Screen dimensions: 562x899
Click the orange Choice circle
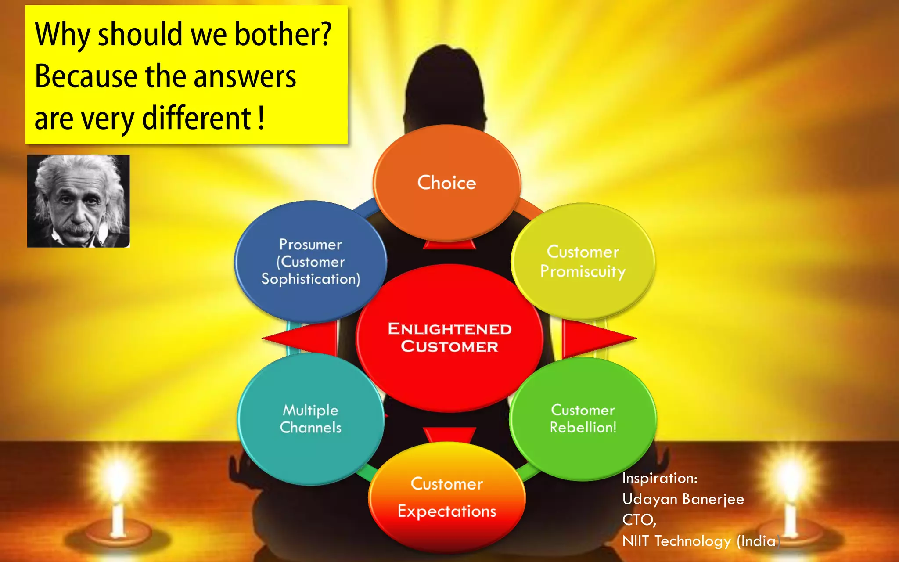(x=446, y=183)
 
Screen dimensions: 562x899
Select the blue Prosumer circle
(x=310, y=262)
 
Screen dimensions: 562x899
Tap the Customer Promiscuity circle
(x=583, y=262)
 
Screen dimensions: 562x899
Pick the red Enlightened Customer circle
(x=449, y=338)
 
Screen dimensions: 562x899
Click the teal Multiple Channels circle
(x=310, y=419)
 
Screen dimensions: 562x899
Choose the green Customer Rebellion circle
(x=583, y=419)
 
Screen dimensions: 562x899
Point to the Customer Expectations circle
(x=447, y=497)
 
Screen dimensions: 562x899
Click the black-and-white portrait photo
(x=79, y=201)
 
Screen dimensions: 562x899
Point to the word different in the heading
(x=196, y=119)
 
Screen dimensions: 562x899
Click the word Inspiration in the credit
(x=659, y=478)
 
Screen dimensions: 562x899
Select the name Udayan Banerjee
(x=683, y=499)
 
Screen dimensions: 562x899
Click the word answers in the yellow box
(x=245, y=76)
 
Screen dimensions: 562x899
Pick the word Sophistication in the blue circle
(x=310, y=279)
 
